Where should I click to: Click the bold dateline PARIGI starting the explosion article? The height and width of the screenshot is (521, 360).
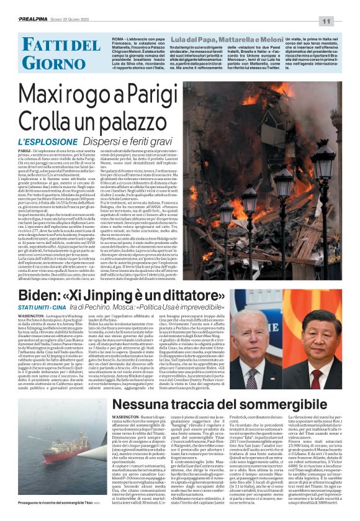[24, 151]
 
